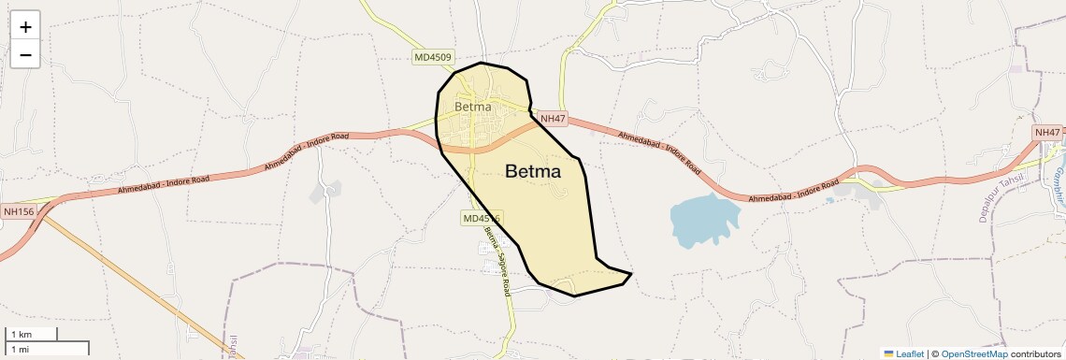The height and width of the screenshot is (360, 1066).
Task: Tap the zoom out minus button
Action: click(25, 55)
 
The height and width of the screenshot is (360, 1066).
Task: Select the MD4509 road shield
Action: click(433, 57)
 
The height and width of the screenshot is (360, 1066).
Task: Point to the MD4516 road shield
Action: click(482, 219)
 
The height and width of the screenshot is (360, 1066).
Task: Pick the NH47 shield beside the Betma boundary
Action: click(553, 119)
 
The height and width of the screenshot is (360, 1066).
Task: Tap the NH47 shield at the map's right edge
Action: click(1048, 133)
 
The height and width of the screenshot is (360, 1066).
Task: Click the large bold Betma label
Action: click(533, 172)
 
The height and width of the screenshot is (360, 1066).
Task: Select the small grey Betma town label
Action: click(473, 107)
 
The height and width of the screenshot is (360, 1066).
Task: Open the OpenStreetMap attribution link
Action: click(974, 353)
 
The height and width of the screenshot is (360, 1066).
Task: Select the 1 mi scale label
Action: click(20, 349)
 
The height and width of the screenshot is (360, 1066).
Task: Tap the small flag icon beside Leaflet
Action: click(889, 353)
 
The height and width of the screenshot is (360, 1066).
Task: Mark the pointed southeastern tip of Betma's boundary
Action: click(632, 274)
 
